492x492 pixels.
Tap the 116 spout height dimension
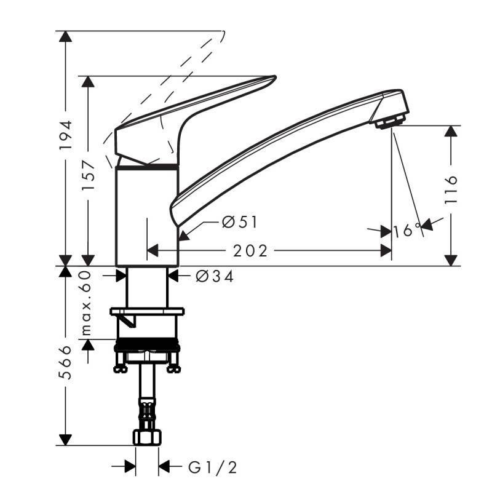452,189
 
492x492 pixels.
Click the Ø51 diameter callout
239,223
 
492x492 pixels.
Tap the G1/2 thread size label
212,468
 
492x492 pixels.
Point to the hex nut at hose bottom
147,437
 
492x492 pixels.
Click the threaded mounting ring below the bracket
147,344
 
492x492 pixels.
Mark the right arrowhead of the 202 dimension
386,251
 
